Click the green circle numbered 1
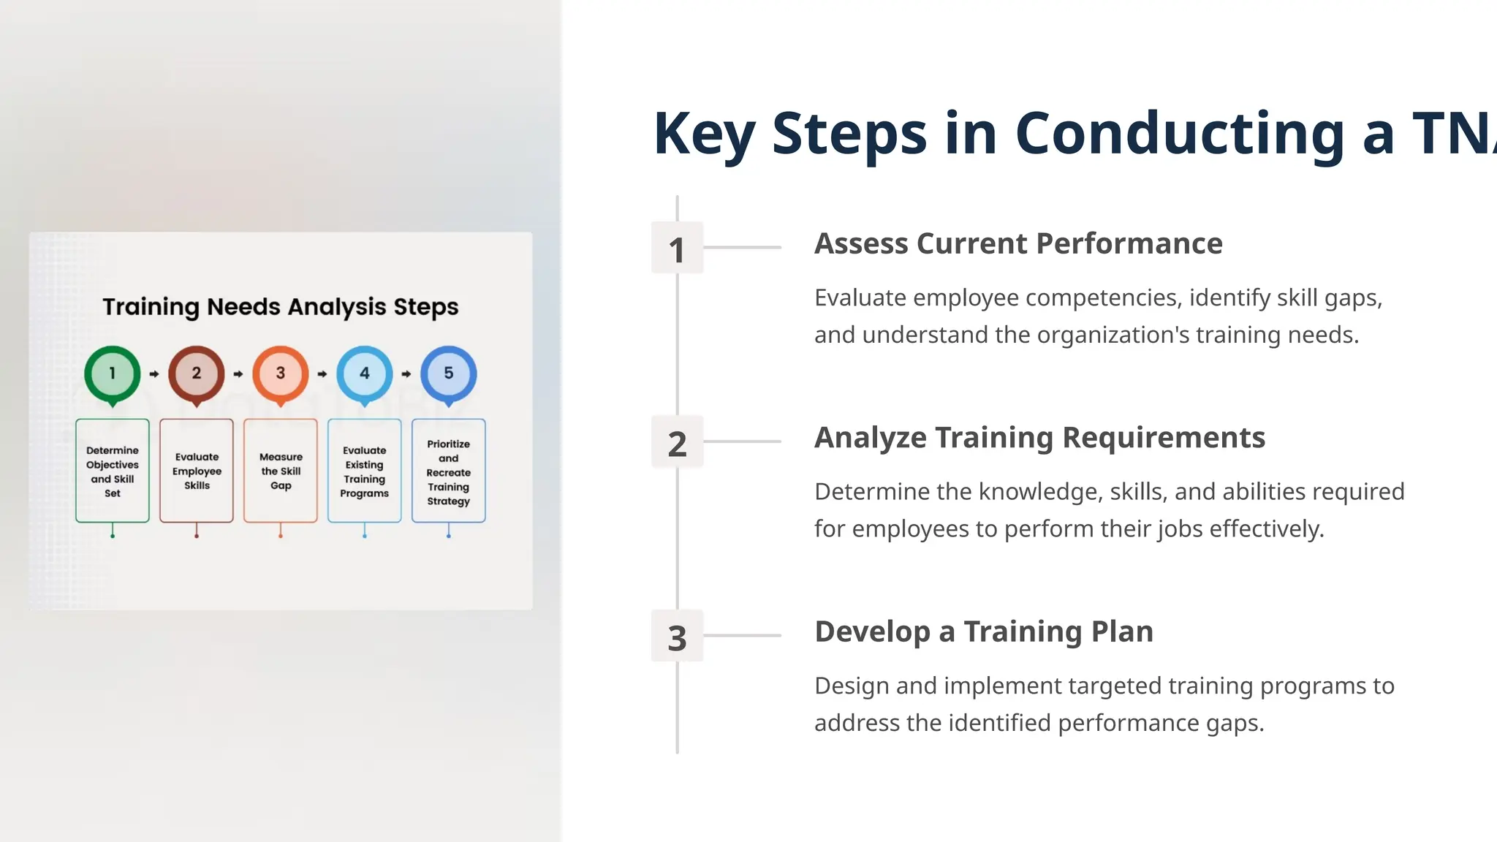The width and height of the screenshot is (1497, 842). pos(113,373)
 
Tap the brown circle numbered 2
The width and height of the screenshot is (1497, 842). pos(197,373)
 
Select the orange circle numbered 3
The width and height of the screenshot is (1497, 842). pos(281,373)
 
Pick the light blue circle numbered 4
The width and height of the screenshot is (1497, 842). pos(365,373)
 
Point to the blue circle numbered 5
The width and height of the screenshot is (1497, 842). pos(449,373)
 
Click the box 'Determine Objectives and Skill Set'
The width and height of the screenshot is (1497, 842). pos(113,471)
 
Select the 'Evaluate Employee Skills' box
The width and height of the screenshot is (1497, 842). pos(197,471)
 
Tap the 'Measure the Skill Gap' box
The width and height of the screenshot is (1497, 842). pos(281,471)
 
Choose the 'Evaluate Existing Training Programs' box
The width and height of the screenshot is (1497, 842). pos(365,471)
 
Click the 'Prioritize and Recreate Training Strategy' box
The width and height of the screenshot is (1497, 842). pos(449,471)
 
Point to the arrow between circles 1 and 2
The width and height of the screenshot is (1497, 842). pos(154,374)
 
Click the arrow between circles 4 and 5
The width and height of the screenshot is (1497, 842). pos(406,374)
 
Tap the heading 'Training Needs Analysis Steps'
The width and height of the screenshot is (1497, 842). pos(281,307)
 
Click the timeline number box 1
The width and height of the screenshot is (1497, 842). pos(677,249)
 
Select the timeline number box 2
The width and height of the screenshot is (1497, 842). pos(677,442)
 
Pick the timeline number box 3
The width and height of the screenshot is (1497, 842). pos(677,637)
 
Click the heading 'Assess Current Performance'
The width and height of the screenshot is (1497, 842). pos(1018,244)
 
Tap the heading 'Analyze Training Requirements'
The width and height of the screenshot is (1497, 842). pos(1039,438)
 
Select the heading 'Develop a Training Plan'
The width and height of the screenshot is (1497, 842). pos(984,631)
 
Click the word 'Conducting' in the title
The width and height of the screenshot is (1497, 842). pos(1180,134)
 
